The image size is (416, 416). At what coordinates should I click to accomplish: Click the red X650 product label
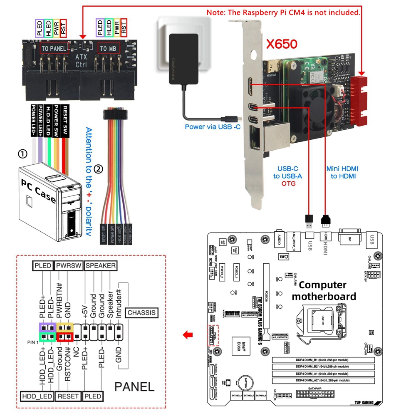pos(282,43)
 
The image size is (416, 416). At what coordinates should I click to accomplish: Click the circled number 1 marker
pos(22,154)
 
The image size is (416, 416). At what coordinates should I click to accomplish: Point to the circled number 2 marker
pos(99,169)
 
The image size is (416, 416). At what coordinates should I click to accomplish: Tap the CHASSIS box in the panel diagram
pos(142,312)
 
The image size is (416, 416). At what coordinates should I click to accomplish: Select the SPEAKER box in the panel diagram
pos(101,265)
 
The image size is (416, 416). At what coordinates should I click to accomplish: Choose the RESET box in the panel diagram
pos(69,396)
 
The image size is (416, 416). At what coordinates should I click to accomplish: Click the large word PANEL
pos(134,386)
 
